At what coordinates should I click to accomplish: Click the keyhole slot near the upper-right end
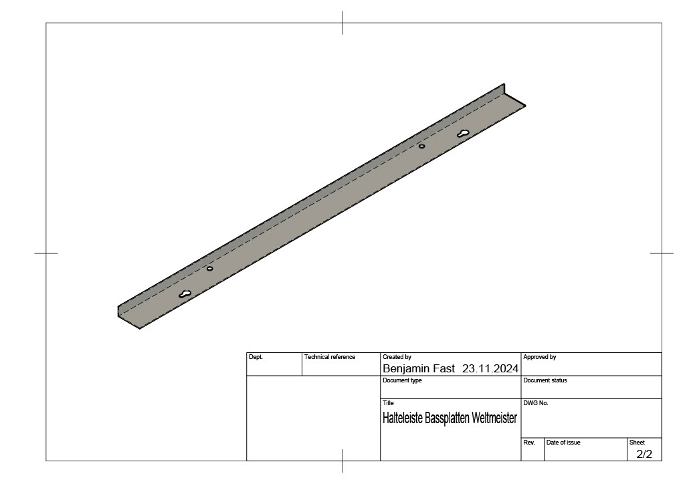(464, 134)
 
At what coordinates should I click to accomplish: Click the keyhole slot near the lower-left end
(185, 294)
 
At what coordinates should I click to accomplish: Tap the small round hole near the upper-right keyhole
(421, 146)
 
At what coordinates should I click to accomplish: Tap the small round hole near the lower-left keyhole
(210, 269)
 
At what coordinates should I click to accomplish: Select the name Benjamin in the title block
(406, 368)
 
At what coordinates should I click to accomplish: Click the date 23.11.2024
(490, 368)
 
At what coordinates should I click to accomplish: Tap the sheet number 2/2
(644, 455)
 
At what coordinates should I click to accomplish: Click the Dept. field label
(256, 357)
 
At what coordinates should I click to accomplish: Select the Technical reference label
(330, 357)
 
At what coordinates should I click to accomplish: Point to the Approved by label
(539, 357)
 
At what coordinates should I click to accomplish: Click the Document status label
(545, 380)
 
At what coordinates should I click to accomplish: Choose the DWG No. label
(536, 403)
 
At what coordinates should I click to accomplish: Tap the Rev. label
(528, 443)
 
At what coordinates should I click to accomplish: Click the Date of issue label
(563, 443)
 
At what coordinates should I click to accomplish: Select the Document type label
(402, 380)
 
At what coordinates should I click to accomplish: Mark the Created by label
(397, 357)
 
